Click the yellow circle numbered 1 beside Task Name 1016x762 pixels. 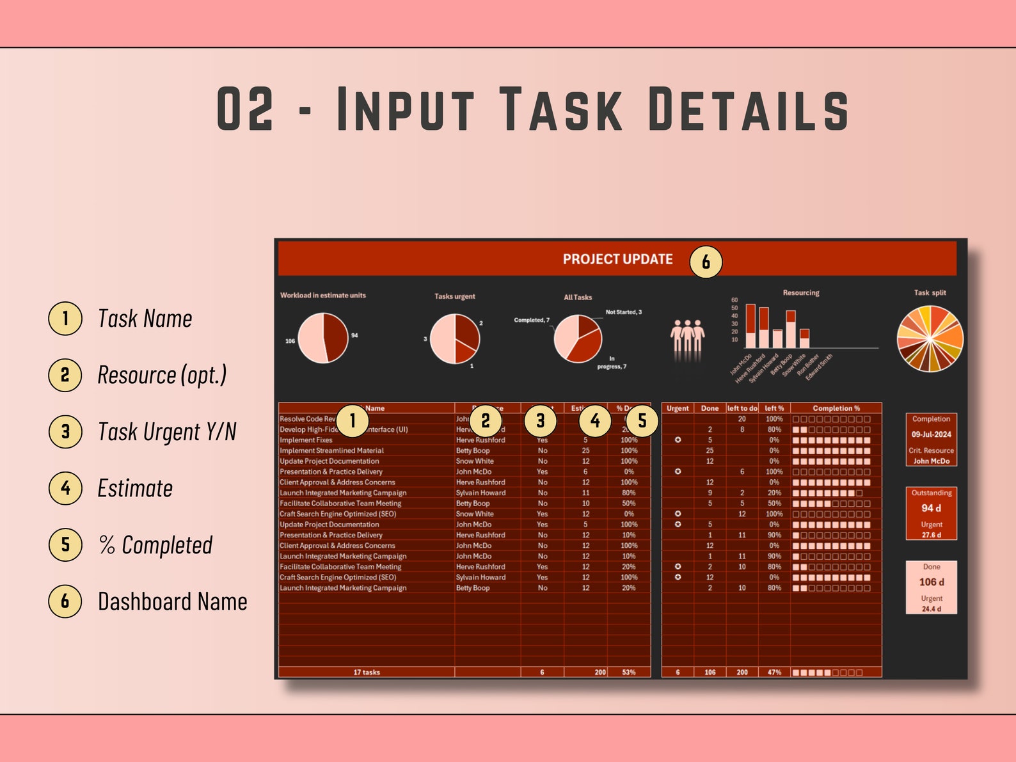[x=65, y=319]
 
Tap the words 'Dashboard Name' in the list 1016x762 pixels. [x=172, y=601]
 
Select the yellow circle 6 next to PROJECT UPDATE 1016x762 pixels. [x=706, y=262]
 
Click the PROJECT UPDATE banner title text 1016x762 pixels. [x=617, y=259]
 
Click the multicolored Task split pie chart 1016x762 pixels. [x=930, y=338]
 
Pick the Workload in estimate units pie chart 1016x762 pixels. [x=323, y=337]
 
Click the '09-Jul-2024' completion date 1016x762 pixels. [x=931, y=434]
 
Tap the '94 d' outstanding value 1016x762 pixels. [x=931, y=508]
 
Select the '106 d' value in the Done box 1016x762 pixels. [x=931, y=582]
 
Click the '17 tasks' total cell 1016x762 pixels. [x=367, y=672]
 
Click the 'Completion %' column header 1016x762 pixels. [x=836, y=408]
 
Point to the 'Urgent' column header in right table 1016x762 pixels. [x=678, y=408]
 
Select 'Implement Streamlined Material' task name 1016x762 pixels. [x=331, y=450]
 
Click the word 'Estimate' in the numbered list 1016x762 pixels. [x=135, y=488]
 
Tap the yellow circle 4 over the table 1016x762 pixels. [x=595, y=420]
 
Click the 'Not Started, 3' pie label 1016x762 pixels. [x=623, y=312]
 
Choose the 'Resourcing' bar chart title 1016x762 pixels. [x=800, y=292]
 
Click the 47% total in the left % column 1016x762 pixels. [x=774, y=672]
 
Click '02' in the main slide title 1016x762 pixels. [x=245, y=110]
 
